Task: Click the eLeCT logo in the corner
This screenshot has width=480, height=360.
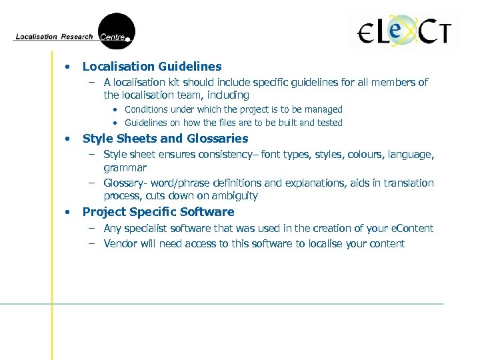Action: click(x=405, y=32)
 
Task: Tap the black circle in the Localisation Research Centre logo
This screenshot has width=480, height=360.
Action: click(x=117, y=31)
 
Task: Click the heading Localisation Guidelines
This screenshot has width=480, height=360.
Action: click(x=152, y=67)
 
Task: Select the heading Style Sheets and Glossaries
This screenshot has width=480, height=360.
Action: click(x=165, y=139)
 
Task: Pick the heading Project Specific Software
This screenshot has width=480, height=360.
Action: click(x=158, y=212)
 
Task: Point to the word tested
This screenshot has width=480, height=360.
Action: click(x=328, y=123)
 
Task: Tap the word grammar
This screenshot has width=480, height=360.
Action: click(x=125, y=168)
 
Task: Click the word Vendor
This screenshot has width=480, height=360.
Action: click(x=120, y=243)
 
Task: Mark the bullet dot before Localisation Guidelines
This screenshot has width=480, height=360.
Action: click(x=67, y=67)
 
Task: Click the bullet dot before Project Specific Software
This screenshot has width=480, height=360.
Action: click(x=67, y=212)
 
